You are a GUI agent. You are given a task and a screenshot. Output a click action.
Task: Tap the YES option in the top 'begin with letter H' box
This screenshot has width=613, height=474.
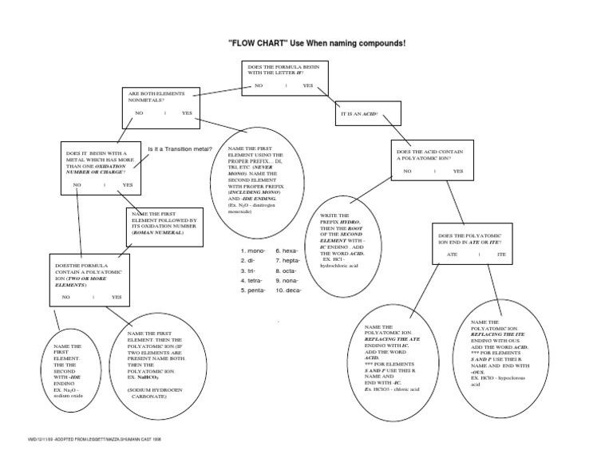pos(308,85)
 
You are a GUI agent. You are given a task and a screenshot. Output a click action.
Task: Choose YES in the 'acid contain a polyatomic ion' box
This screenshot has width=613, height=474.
pos(457,171)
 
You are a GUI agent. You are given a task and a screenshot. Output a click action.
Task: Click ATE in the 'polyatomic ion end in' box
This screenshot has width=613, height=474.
pos(452,254)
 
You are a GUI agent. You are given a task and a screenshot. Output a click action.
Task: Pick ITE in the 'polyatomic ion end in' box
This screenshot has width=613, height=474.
pos(501,254)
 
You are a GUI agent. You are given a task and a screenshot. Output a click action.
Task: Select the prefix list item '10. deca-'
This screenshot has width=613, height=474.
pos(288,291)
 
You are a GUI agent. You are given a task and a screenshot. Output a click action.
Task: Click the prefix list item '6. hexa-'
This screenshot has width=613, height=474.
pos(288,250)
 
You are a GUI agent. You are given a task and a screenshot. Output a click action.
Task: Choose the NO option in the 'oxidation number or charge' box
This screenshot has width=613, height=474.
pos(77,185)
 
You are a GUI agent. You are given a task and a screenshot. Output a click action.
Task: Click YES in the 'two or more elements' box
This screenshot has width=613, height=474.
pos(117,297)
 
